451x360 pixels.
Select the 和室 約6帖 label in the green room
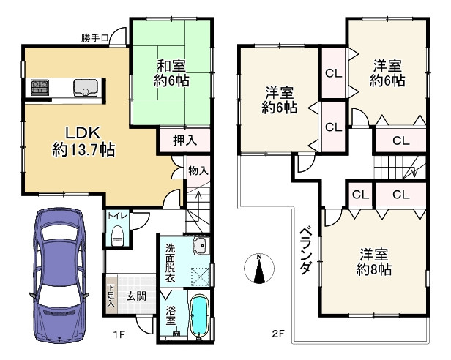point(172,72)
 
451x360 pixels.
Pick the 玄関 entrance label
point(135,296)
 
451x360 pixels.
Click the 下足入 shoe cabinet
point(111,296)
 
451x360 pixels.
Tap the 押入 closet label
point(184,139)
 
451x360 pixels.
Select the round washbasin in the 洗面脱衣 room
point(199,245)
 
